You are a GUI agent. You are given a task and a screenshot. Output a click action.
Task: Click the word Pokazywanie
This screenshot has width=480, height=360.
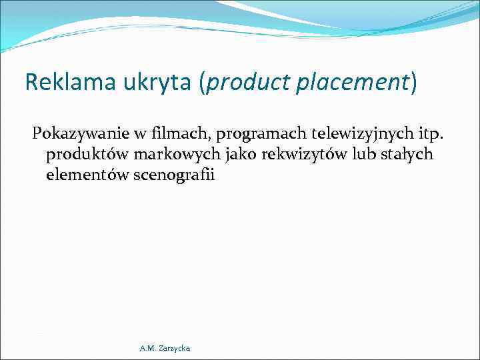[82, 133]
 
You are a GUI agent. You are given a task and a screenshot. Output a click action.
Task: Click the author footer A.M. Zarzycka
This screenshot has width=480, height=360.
[165, 349]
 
